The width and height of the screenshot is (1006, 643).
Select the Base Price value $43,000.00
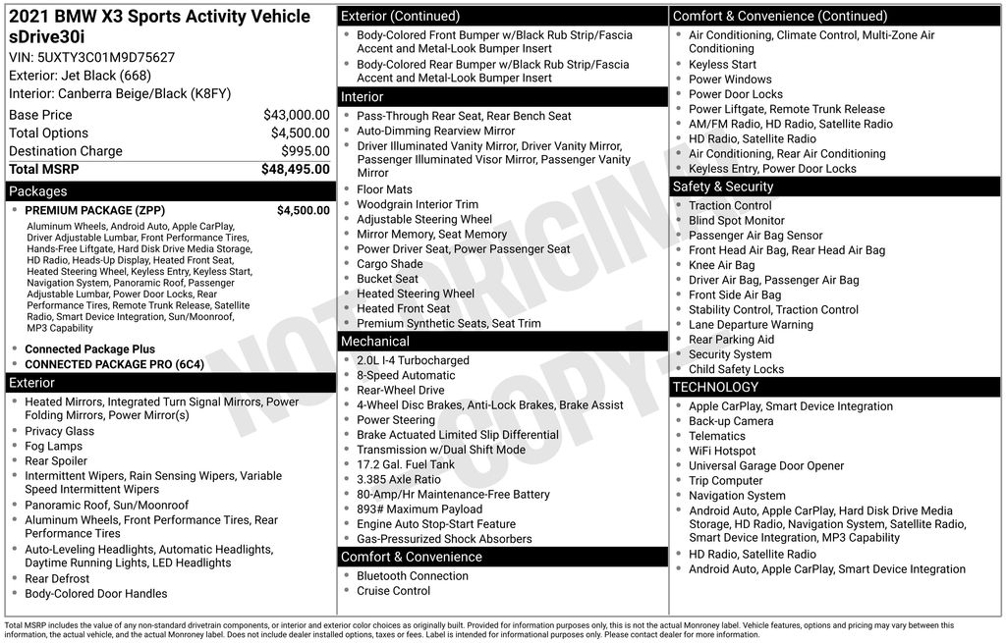296,115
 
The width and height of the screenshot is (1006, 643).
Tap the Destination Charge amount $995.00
305,151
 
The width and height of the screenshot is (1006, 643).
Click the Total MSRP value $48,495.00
295,169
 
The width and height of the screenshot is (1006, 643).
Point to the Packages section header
38,191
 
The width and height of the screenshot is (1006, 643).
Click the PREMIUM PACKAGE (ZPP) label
94,210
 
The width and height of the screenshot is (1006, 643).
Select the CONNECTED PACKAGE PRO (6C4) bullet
114,364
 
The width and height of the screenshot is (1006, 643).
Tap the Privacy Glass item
59,431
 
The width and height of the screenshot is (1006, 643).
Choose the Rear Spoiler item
56,460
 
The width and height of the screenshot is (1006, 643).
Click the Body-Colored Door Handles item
95,593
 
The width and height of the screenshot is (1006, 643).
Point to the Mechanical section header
374,342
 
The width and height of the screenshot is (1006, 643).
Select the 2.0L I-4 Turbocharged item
413,360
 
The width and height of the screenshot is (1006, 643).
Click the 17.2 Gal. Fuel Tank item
406,464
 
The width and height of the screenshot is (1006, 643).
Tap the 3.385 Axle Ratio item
398,479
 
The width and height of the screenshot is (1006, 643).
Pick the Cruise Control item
393,591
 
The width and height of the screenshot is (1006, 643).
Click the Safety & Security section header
723,187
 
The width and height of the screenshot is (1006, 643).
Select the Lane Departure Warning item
751,324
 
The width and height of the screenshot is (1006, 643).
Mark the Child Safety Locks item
736,369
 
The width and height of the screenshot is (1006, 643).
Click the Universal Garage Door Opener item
766,465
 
